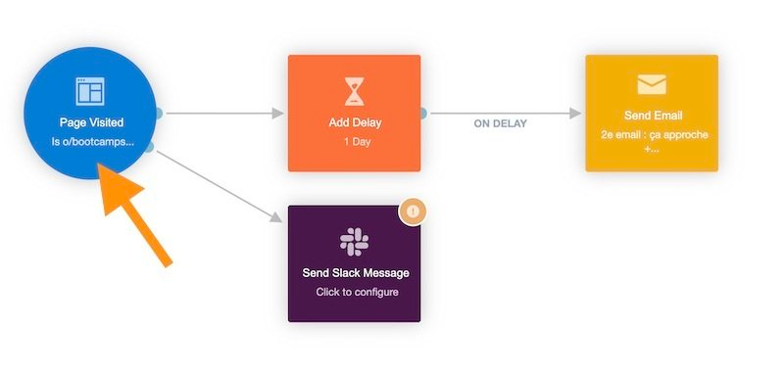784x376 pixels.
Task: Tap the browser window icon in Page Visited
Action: (90, 91)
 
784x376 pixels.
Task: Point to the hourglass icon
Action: (354, 91)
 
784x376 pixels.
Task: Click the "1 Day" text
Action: (354, 142)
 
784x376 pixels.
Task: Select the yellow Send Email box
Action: (652, 113)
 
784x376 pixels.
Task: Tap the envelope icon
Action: (652, 84)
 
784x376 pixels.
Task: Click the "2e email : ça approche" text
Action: (652, 134)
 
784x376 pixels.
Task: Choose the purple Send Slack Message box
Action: (354, 263)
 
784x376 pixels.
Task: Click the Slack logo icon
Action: (354, 241)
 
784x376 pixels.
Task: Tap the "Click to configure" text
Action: (354, 292)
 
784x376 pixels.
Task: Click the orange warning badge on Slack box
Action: (413, 211)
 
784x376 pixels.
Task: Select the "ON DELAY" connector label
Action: (500, 124)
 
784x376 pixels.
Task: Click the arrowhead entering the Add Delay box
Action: (278, 114)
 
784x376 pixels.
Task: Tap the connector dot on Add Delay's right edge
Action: (422, 114)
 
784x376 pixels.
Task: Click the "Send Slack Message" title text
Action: (354, 272)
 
